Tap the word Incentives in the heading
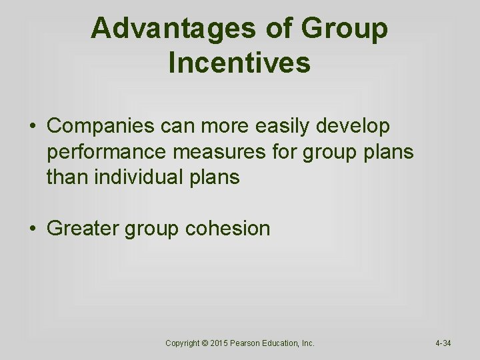[240, 63]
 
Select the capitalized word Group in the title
[345, 29]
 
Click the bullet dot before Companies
[32, 126]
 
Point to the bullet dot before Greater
[32, 229]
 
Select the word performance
[107, 152]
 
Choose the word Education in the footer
[285, 343]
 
